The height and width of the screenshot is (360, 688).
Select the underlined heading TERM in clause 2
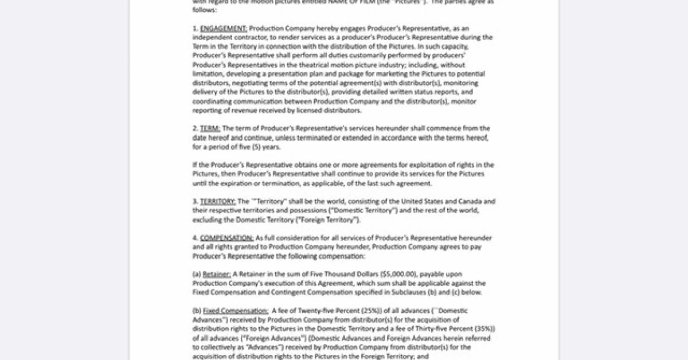(210, 128)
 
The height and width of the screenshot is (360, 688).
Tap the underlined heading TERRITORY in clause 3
(218, 201)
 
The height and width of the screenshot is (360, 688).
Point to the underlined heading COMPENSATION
(226, 238)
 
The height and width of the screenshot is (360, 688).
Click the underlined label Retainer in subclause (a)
(217, 274)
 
